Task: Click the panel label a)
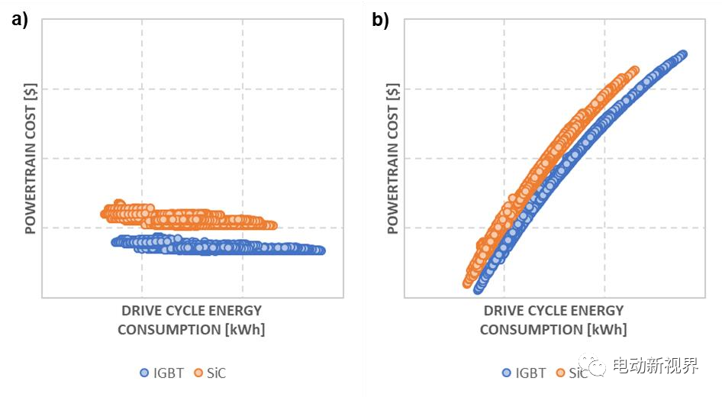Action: click(x=18, y=21)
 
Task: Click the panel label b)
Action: click(x=380, y=21)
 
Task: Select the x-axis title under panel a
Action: click(x=192, y=320)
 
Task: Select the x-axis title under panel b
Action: click(x=553, y=320)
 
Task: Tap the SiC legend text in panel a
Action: click(x=216, y=373)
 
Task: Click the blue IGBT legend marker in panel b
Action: click(x=506, y=373)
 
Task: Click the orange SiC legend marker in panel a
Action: click(x=198, y=373)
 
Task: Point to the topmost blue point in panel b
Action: click(x=682, y=54)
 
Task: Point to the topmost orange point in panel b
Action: click(x=633, y=71)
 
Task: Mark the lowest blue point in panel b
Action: click(x=479, y=289)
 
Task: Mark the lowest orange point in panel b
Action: click(x=468, y=283)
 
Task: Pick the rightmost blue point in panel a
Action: click(x=321, y=250)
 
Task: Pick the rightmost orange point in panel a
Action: click(x=272, y=225)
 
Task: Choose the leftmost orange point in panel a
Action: click(x=105, y=213)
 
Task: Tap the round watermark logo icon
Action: click(x=592, y=366)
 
